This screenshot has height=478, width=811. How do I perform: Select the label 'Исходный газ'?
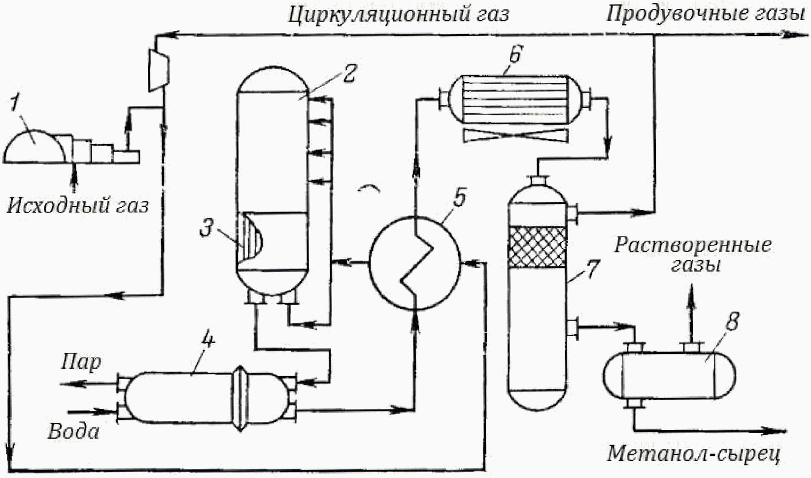77,206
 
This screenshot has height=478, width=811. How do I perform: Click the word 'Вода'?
73,431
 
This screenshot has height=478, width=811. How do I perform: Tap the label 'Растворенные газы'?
693,255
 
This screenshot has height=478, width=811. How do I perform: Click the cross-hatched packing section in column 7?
537,247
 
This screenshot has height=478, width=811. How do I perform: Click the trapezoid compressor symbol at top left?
159,70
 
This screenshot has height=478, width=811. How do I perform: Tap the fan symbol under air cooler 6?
515,135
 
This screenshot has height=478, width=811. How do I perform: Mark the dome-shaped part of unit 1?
35,146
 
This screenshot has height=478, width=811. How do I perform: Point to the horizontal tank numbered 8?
669,376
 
